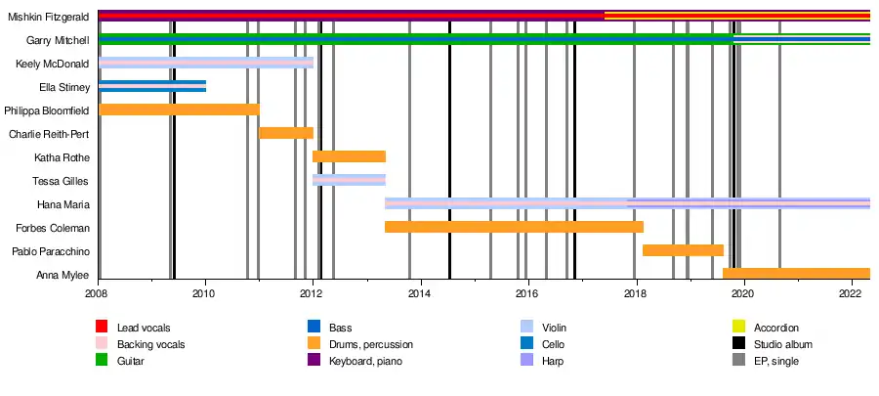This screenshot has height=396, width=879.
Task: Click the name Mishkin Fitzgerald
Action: point(50,17)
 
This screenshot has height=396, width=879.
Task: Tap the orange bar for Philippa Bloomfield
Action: point(179,110)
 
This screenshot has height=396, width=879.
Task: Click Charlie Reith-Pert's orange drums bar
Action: point(286,133)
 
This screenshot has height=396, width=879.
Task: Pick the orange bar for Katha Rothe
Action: point(349,156)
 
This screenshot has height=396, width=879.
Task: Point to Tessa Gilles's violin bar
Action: point(349,180)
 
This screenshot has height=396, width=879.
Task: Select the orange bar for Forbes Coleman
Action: point(514,227)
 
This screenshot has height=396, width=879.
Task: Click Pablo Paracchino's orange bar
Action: point(683,250)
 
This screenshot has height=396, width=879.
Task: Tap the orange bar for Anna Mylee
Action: point(796,274)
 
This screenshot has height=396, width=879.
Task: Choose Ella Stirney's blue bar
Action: point(152,86)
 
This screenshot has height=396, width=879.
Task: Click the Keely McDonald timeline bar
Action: point(206,63)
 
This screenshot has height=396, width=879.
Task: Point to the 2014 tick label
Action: point(420,293)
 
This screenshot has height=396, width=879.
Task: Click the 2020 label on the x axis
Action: point(743,293)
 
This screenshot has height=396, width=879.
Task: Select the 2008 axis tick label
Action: point(98,293)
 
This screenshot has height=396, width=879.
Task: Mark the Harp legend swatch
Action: point(528,362)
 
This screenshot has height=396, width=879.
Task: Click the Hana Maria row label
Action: point(63,204)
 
